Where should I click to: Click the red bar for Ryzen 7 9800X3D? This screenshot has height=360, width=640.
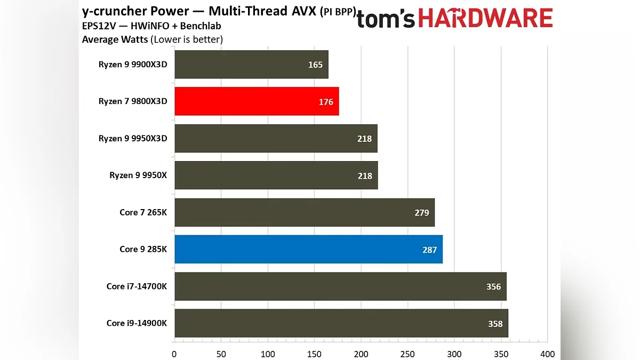[x=257, y=101]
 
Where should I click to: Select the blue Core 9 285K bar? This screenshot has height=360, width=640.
[x=308, y=249]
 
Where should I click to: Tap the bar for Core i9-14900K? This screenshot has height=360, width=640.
[x=341, y=323]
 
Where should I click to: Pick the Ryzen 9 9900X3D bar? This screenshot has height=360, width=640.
[x=251, y=65]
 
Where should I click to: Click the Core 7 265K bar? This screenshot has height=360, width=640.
[x=305, y=212]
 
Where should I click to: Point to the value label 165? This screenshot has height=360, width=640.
[x=315, y=65]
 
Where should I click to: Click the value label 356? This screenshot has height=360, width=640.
[x=493, y=287]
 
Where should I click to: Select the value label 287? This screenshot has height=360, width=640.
[x=429, y=250]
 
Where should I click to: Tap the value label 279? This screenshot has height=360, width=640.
[x=421, y=213]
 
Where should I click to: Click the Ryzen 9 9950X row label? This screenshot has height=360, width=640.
[x=138, y=175]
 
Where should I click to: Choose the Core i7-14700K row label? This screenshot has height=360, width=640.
[x=137, y=286]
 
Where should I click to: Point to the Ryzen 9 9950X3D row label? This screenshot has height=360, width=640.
[x=133, y=138]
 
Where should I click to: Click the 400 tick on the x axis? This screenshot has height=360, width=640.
[x=547, y=354]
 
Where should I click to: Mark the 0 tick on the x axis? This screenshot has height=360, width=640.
[x=174, y=354]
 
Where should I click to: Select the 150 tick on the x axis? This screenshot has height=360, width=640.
[x=314, y=354]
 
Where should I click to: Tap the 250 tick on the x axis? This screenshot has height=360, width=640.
[x=407, y=354]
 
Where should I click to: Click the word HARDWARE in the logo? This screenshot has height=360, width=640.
[x=485, y=19]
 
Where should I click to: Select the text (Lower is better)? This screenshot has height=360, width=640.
[x=187, y=39]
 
